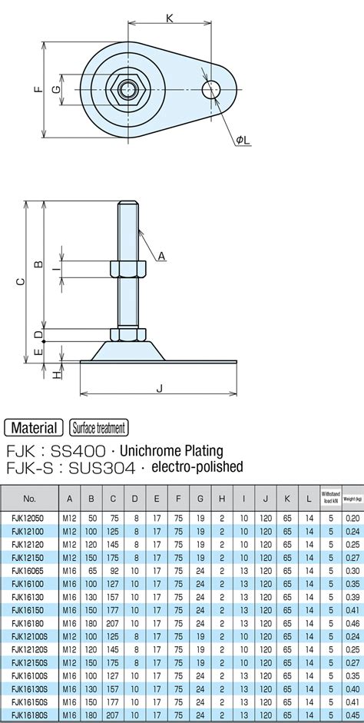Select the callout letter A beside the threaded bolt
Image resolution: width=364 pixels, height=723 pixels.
161,257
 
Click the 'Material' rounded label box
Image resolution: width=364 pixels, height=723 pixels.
34,428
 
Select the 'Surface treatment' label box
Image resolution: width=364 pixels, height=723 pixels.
98,428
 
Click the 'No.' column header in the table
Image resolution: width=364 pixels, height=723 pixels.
30,498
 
